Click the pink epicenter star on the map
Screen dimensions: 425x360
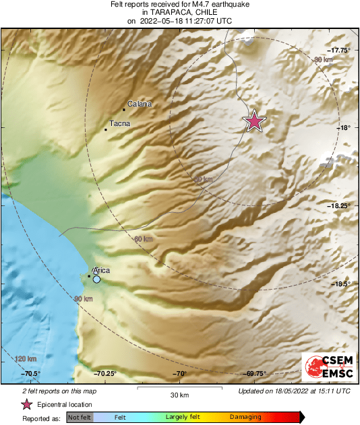[x=254, y=121]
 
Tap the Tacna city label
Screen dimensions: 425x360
[x=119, y=124]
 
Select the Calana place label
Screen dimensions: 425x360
[x=140, y=104]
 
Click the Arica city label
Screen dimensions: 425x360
[x=101, y=271]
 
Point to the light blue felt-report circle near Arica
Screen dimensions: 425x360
[x=97, y=279]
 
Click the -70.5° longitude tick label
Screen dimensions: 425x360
[x=31, y=374]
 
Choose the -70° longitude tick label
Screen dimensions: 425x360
[x=180, y=374]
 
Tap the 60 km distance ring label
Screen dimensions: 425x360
[x=144, y=239]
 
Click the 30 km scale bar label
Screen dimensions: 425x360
[x=179, y=394]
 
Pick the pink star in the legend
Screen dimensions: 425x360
[x=27, y=405]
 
